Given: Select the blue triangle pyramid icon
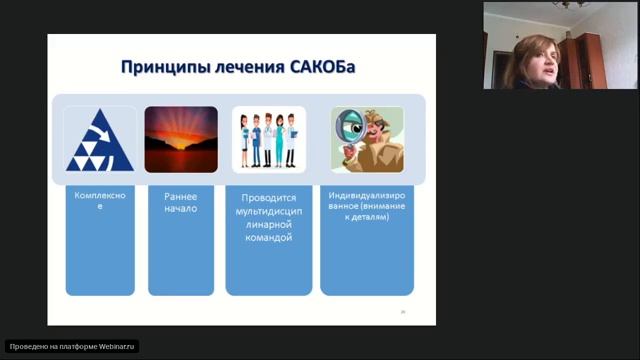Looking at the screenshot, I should (x=99, y=139).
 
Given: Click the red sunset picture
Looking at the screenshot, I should (x=181, y=139).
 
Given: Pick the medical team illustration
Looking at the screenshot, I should (x=269, y=139).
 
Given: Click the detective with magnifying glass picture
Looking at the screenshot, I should (x=367, y=139).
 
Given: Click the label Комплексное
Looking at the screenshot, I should (x=99, y=202).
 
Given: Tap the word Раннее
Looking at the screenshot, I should (x=181, y=197).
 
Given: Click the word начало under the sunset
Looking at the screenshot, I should (x=181, y=210).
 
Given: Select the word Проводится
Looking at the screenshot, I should (x=269, y=199).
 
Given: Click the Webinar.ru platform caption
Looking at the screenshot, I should (x=72, y=347).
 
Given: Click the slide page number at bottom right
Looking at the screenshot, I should (x=403, y=313).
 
